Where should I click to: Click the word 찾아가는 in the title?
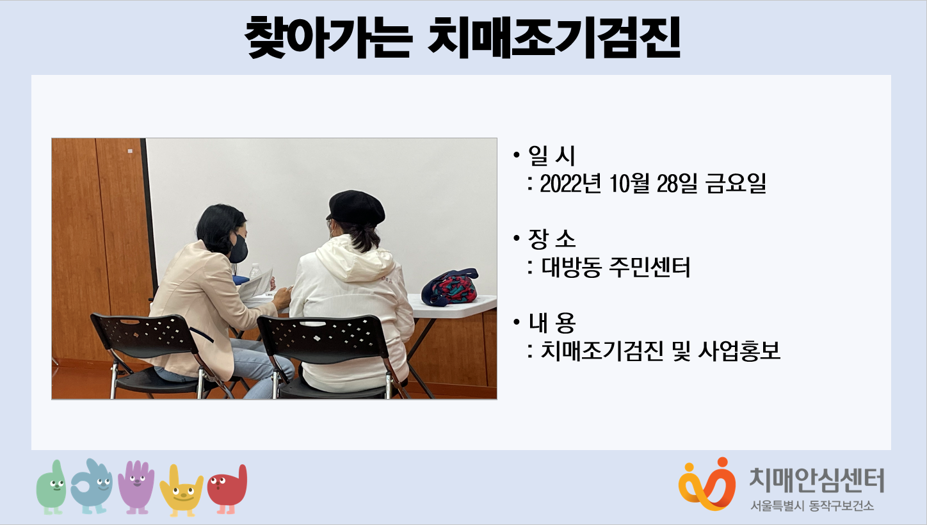pyautogui.click(x=329, y=38)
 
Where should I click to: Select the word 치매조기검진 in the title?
pyautogui.click(x=554, y=38)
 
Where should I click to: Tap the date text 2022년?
pyautogui.click(x=570, y=184)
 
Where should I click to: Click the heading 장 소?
pyautogui.click(x=552, y=239)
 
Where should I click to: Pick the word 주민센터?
pyautogui.click(x=650, y=267)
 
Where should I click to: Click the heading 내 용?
pyautogui.click(x=552, y=323)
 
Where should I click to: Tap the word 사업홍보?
pyautogui.click(x=739, y=351)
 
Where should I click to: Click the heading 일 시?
pyautogui.click(x=552, y=156)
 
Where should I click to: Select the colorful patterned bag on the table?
pyautogui.click(x=449, y=287)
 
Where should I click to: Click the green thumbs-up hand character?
pyautogui.click(x=51, y=487)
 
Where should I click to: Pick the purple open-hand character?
pyautogui.click(x=136, y=487)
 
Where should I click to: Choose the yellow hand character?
pyautogui.click(x=181, y=491)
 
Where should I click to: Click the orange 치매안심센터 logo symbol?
pyautogui.click(x=707, y=484)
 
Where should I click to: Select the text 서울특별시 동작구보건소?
pyautogui.click(x=812, y=506)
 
